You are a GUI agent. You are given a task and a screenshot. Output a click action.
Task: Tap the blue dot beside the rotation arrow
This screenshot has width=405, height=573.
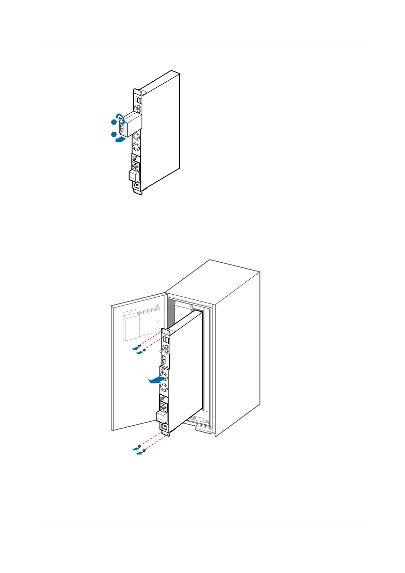point(113,122)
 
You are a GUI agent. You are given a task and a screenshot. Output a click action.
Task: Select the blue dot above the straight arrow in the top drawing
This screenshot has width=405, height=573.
point(113,134)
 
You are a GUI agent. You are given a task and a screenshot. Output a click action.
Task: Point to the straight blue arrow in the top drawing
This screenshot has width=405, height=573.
point(120,139)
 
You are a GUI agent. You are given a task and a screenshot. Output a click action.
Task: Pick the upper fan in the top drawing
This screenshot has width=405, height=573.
point(136,137)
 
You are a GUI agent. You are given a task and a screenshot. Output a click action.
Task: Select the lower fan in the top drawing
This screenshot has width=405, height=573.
point(136,148)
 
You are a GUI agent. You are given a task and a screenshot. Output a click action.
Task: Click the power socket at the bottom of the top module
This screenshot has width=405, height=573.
point(137,186)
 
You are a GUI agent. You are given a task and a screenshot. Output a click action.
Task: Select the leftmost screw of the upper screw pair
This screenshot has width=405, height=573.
point(139,346)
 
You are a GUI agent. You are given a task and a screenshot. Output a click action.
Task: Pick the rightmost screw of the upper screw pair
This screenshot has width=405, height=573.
point(144,349)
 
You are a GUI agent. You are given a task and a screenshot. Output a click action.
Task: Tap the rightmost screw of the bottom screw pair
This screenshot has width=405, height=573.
point(144,450)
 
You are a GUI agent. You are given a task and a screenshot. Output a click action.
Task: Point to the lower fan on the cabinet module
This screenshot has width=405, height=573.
point(164,387)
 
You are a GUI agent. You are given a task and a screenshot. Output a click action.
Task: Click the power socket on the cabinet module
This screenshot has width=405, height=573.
point(164,427)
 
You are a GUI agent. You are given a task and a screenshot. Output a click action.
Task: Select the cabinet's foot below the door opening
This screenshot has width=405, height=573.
point(204,429)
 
